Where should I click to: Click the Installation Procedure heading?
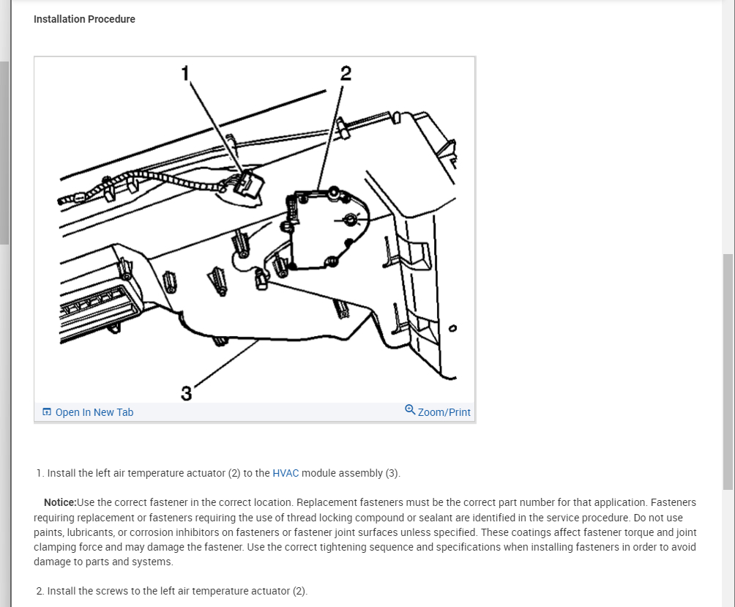click(84, 19)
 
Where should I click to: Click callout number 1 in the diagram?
click(185, 72)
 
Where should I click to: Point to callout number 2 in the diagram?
click(346, 73)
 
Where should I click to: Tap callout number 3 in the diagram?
click(186, 394)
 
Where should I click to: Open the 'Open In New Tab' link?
click(94, 412)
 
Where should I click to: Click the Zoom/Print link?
click(444, 412)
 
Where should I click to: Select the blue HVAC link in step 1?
click(286, 473)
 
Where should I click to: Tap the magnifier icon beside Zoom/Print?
click(410, 410)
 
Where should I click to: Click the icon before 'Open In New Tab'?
click(47, 412)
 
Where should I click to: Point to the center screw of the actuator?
click(351, 219)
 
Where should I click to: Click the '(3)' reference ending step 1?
click(392, 473)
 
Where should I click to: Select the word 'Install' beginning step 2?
click(61, 591)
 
